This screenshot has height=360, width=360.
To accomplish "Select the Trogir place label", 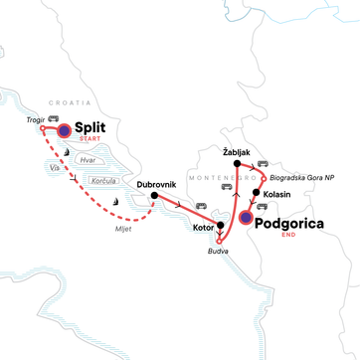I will tap(36, 117).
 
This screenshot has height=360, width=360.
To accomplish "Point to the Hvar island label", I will tap(87, 158).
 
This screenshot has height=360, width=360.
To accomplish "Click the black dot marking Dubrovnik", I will tap(154, 195).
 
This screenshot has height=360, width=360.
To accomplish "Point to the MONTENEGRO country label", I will tap(215, 174).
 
